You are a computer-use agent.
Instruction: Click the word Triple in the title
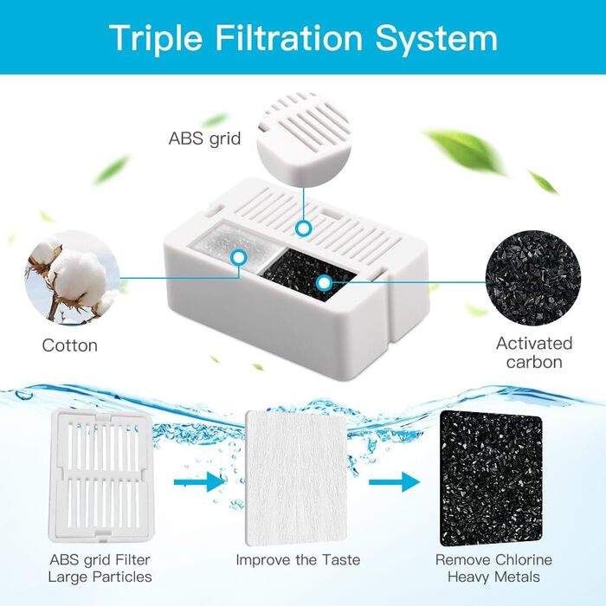tap(156, 39)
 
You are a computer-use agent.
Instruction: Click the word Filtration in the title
tap(288, 38)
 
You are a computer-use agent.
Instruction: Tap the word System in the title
tap(436, 39)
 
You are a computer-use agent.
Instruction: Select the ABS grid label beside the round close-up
tap(205, 139)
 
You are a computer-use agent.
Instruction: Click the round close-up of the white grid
tap(304, 139)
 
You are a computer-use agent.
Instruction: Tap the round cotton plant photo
tap(72, 278)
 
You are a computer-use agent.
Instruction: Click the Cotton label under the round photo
tap(70, 345)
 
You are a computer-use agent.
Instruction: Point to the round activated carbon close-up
tap(533, 278)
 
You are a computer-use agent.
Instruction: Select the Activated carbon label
tap(534, 352)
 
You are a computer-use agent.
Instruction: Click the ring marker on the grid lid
tap(304, 229)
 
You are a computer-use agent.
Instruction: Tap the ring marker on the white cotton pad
tap(239, 257)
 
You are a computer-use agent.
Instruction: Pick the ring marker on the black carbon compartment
tap(324, 283)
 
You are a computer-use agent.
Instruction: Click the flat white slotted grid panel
tap(101, 476)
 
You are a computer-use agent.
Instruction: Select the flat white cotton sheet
tap(296, 478)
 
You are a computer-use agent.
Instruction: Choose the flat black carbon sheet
tap(491, 478)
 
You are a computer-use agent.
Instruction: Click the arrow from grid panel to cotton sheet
tap(199, 482)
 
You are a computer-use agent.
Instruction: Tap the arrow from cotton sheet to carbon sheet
tap(394, 482)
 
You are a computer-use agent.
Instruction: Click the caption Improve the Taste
tap(298, 559)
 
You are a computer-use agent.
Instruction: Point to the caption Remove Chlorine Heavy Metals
tap(493, 568)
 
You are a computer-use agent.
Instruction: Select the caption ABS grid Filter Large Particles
tap(100, 569)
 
